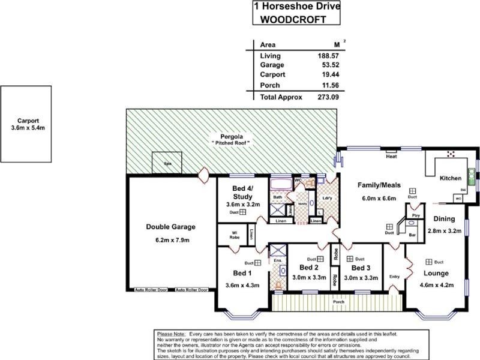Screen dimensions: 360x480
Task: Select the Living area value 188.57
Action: tap(326, 55)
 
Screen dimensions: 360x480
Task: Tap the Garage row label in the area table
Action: tap(272, 65)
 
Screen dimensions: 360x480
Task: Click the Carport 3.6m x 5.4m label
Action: tap(28, 123)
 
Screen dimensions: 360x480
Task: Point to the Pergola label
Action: tap(230, 137)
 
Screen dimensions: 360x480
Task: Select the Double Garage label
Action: tap(171, 227)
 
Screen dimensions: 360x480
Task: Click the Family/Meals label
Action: tap(379, 185)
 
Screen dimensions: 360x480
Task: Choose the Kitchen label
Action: tap(451, 178)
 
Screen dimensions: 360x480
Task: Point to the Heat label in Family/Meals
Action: tap(392, 157)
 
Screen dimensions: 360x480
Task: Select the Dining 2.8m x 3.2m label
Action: tap(445, 224)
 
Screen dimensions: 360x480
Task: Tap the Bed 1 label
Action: tap(242, 273)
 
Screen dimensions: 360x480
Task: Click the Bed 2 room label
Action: tap(308, 268)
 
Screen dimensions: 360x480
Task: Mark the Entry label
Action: tap(394, 277)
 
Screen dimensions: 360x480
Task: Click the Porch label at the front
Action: tap(339, 302)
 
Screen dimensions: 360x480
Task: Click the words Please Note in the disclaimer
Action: tap(170, 333)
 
